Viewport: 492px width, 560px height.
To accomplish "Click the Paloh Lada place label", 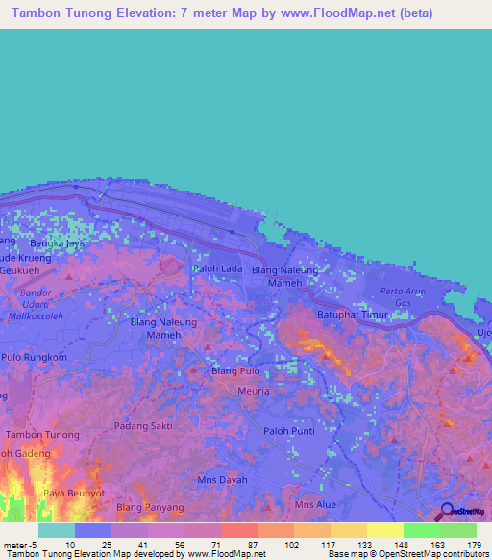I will [x=217, y=269].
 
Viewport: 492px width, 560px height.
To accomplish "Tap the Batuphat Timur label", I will [x=356, y=314].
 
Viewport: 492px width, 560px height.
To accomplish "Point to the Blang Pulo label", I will [x=235, y=370].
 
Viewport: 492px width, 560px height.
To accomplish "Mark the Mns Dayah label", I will [x=222, y=480].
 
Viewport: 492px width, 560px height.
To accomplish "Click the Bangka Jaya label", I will [x=57, y=244].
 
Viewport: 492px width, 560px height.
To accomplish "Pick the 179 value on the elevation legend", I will [x=474, y=545].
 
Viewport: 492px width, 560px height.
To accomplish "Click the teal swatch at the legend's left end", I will [x=57, y=530].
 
